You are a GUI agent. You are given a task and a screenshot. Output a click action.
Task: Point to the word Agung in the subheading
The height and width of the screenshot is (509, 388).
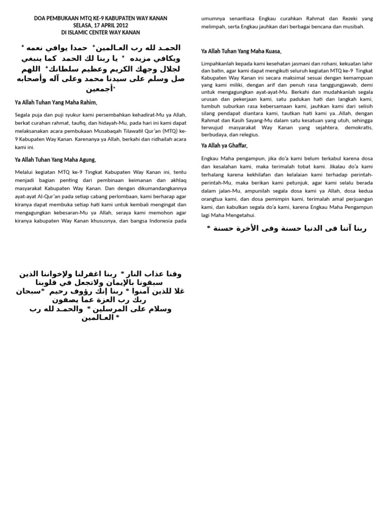pyautogui.click(x=85, y=160)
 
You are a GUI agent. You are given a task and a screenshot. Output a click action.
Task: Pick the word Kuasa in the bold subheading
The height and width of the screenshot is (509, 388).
pyautogui.click(x=270, y=51)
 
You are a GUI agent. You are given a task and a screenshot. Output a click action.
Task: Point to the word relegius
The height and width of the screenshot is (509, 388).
pyautogui.click(x=246, y=135)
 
